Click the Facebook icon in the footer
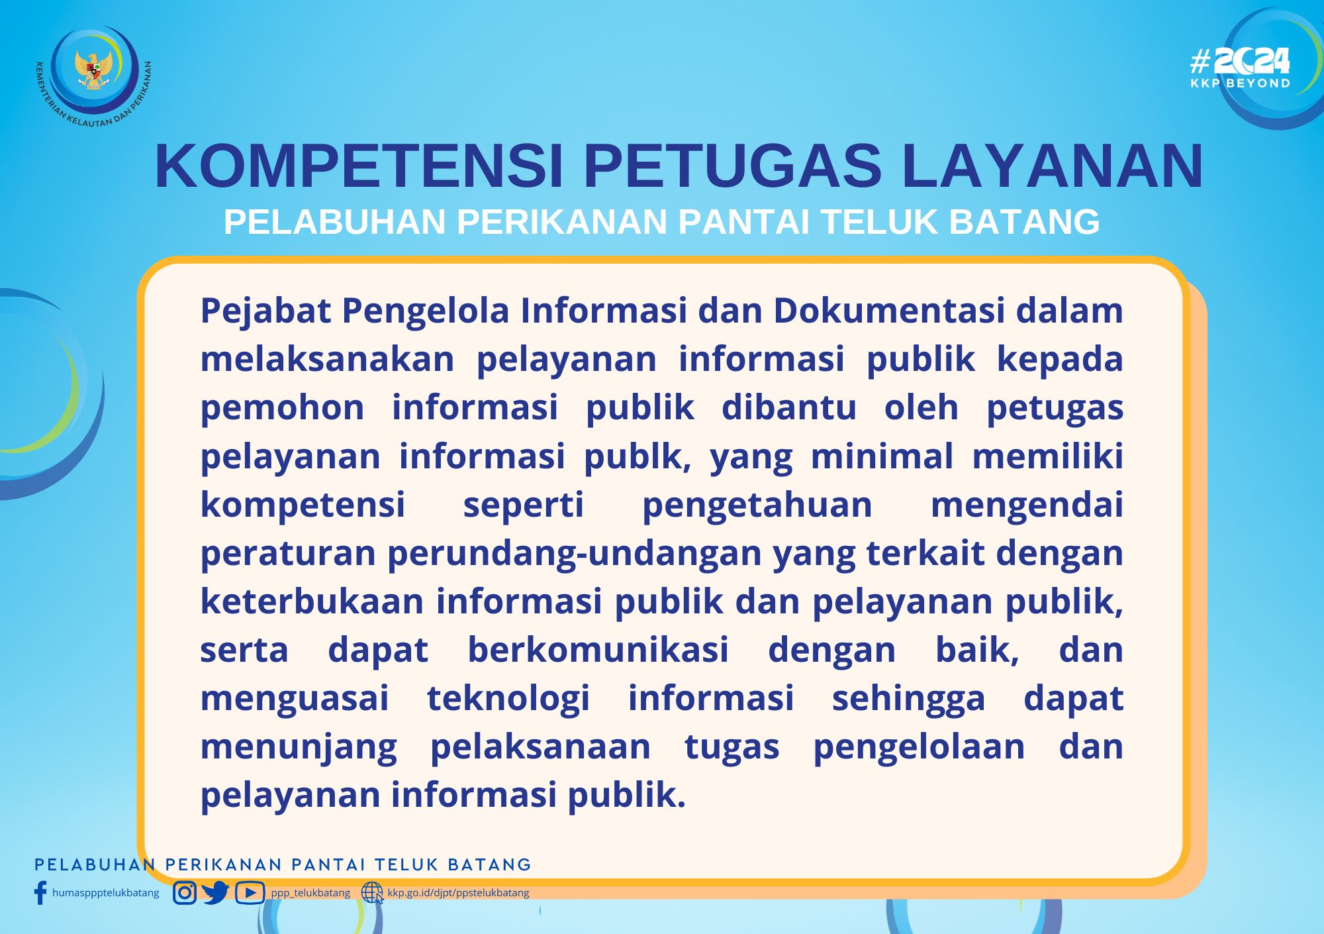pos(40,892)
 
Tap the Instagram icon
pos(185,893)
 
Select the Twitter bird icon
pos(216,893)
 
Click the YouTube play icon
pos(250,893)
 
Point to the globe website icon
pos(372,893)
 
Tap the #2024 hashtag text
pos(1240,62)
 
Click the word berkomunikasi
pos(598,649)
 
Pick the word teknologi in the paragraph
pos(508,698)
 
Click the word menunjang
pos(299,747)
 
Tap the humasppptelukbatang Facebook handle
pos(106,893)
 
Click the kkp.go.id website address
pos(458,893)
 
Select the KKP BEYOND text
pos(1241,83)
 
